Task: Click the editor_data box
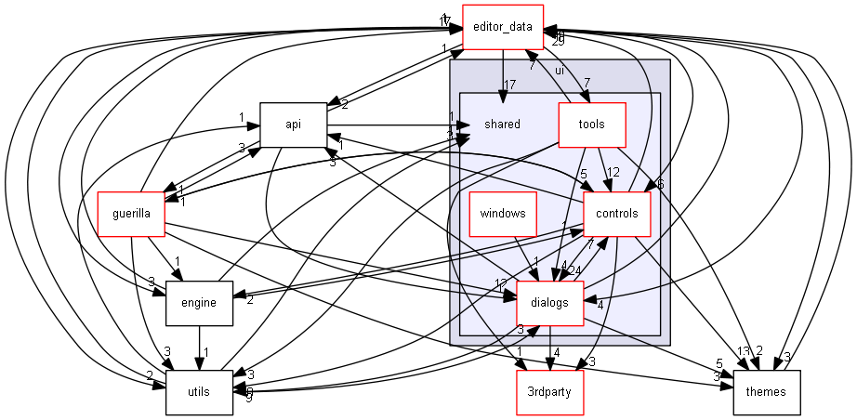tap(502, 26)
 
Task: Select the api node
tap(293, 124)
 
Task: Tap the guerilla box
tap(131, 213)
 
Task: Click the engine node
tap(199, 302)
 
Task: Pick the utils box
tap(199, 391)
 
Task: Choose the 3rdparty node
tap(549, 391)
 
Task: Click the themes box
tap(766, 391)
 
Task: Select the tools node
tap(591, 124)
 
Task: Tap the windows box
tap(503, 213)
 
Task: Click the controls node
tap(615, 213)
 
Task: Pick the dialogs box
tap(549, 302)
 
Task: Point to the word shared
tap(502, 124)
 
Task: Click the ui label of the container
tap(560, 70)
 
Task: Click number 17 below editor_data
tap(509, 85)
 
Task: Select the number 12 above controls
tap(613, 172)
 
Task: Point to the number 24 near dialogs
tap(577, 271)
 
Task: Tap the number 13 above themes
tap(743, 350)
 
